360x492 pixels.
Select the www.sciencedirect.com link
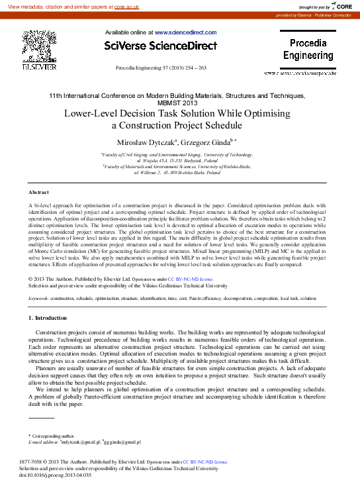185,32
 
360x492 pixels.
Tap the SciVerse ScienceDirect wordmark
161,46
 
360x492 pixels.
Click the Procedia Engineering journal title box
308,50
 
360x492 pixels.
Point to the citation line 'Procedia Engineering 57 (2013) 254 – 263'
161,68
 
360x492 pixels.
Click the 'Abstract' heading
38,192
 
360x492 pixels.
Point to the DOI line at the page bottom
55,475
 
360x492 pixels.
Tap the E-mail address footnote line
85,442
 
